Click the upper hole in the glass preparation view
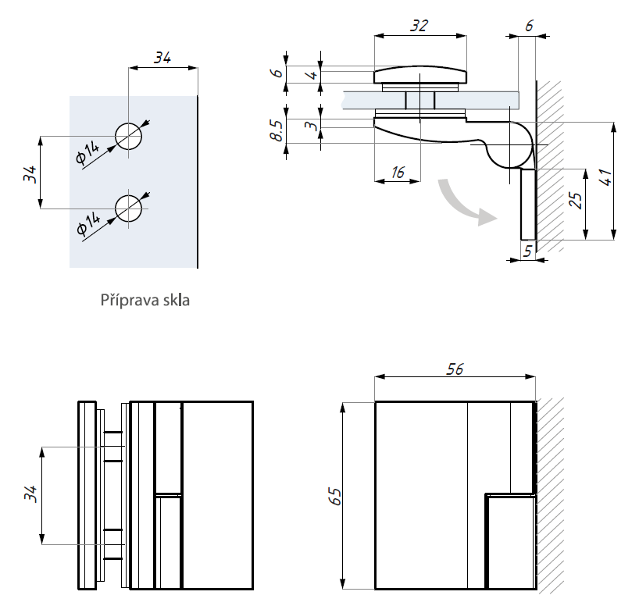pos(129,136)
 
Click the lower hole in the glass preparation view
pos(129,208)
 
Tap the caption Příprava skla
pos(145,300)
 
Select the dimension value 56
pos(454,369)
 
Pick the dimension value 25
pos(577,201)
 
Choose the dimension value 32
pos(419,26)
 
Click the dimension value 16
pos(398,173)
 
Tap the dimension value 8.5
pos(276,130)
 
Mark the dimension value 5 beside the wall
pos(528,251)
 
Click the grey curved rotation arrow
pos(465,202)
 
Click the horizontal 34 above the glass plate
pos(162,57)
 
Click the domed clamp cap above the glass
pos(420,75)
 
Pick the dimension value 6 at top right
pos(529,25)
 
